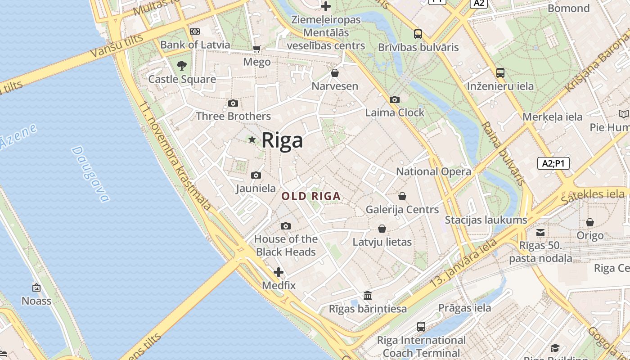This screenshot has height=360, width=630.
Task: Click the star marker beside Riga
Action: tap(252, 140)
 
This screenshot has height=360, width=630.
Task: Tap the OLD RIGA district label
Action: tap(311, 196)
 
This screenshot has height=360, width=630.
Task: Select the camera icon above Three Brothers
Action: tap(233, 103)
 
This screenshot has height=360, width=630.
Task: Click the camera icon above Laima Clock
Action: tap(395, 99)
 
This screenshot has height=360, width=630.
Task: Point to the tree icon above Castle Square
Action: tap(182, 66)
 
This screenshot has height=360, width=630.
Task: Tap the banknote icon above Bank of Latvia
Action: tap(195, 31)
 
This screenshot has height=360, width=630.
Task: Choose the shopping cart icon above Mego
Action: tap(257, 49)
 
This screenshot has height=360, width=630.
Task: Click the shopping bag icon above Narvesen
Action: tap(335, 73)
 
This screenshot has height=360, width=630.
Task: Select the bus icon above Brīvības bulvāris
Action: tap(418, 34)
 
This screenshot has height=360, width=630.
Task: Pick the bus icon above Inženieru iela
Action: tap(500, 72)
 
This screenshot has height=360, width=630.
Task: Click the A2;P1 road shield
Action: tap(553, 163)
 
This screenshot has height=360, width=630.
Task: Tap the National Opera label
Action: tap(433, 171)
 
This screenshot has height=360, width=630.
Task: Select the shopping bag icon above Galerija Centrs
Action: tap(402, 196)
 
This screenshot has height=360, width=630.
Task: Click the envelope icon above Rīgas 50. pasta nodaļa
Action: tap(540, 233)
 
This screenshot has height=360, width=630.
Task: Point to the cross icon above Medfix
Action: tap(279, 272)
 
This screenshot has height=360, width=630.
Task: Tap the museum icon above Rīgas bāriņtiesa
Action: tap(368, 296)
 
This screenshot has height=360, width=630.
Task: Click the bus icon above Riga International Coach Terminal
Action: tap(421, 327)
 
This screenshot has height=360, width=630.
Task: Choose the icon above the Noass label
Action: tap(36, 288)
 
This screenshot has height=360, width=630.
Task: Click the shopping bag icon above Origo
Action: tap(590, 222)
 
